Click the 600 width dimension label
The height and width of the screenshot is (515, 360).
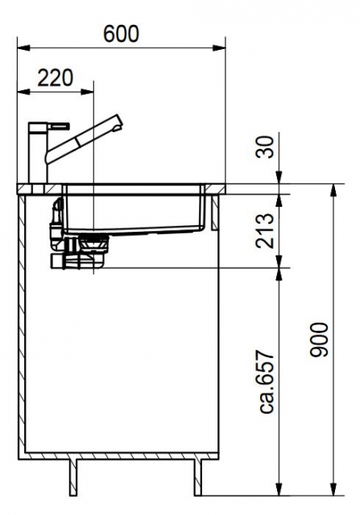click(122, 34)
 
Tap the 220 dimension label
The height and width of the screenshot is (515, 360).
click(55, 78)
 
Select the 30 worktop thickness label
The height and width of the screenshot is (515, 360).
click(265, 147)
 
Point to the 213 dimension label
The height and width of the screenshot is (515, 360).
click(265, 231)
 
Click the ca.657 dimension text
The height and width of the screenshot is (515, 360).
click(266, 381)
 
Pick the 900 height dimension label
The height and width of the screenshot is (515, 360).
click(319, 340)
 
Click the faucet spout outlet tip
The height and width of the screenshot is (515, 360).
click(117, 128)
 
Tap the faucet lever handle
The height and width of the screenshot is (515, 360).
click(59, 126)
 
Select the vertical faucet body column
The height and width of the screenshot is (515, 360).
click(38, 153)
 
